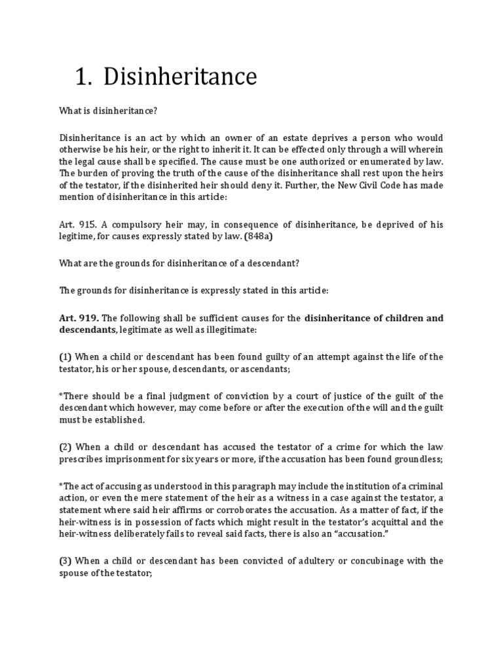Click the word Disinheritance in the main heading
[180, 77]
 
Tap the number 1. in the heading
[83, 77]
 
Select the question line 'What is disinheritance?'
[108, 112]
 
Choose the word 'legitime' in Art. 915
[77, 237]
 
